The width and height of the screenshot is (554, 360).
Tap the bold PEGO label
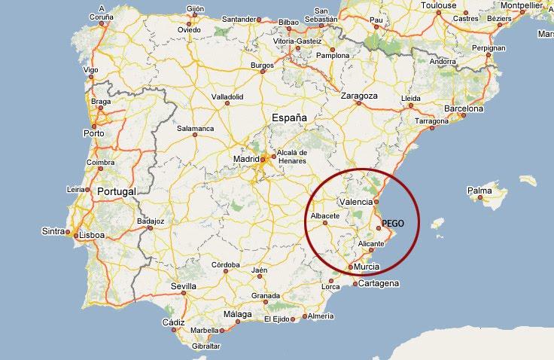393,224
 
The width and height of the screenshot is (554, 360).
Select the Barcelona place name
464,108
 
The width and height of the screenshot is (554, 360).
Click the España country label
290,117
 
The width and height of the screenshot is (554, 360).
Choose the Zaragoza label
359,96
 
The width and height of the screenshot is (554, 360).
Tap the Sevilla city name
183,286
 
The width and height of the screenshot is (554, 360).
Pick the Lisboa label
92,235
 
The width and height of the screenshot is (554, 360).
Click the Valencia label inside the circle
356,202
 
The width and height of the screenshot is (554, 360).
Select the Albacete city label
325,215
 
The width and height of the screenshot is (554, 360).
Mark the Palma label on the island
479,191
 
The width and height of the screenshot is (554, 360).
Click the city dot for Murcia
351,267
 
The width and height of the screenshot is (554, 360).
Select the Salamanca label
195,128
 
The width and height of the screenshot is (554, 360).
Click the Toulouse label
439,5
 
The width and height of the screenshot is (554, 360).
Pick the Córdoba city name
225,265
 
